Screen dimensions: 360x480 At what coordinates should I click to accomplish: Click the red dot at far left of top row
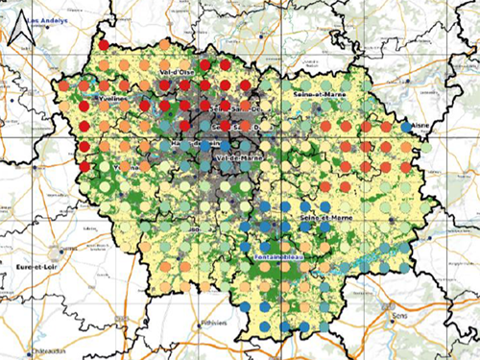point(104,45)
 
